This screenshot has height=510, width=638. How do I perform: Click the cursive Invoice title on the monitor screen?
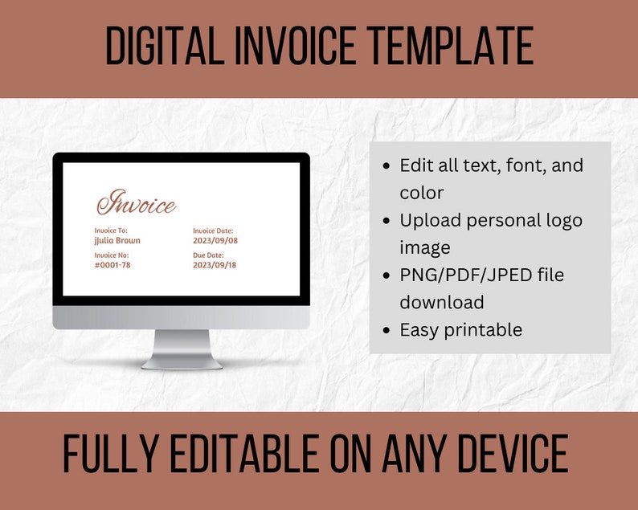(x=136, y=203)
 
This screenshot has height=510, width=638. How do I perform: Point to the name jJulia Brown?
(x=117, y=240)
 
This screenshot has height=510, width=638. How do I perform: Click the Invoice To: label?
(x=111, y=231)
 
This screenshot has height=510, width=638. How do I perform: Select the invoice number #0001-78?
(x=112, y=264)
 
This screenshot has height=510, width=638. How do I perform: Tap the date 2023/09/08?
(x=215, y=240)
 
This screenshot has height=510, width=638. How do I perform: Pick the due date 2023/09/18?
(x=215, y=264)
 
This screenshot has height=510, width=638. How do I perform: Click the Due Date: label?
(x=208, y=255)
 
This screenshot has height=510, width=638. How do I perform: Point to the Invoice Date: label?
(x=213, y=231)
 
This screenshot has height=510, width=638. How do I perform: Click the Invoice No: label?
(x=112, y=255)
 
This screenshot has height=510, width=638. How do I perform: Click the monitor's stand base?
(x=182, y=363)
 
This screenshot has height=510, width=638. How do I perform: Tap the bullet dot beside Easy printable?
(x=387, y=330)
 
